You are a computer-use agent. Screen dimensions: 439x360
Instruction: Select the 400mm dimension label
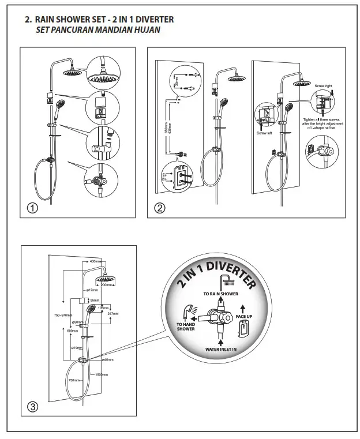pyautogui.click(x=95, y=262)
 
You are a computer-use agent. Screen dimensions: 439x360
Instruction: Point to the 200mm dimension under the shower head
pyautogui.click(x=106, y=285)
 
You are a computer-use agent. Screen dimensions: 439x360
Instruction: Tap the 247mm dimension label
pyautogui.click(x=112, y=314)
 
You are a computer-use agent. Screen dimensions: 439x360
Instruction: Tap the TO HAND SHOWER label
pyautogui.click(x=185, y=327)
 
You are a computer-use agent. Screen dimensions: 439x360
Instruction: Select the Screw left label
pyautogui.click(x=265, y=133)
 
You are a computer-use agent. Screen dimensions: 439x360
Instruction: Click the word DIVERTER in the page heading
pyautogui.click(x=154, y=19)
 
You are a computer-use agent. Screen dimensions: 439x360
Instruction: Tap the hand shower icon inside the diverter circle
pyautogui.click(x=188, y=311)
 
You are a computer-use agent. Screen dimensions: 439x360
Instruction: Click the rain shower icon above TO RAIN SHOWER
pyautogui.click(x=224, y=281)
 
